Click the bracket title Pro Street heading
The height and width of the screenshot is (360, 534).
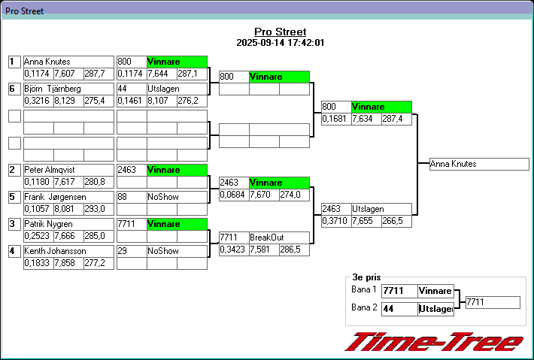pyautogui.click(x=280, y=32)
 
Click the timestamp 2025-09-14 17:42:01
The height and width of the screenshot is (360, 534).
pyautogui.click(x=280, y=43)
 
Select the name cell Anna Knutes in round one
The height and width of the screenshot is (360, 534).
pyautogui.click(x=68, y=62)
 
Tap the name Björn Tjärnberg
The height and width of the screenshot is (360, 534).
pyautogui.click(x=68, y=89)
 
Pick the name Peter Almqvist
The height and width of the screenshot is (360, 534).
pyautogui.click(x=68, y=170)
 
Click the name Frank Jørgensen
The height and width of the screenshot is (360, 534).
pyautogui.click(x=68, y=197)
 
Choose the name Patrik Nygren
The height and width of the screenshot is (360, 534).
pyautogui.click(x=68, y=224)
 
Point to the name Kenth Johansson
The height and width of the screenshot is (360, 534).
pyautogui.click(x=68, y=251)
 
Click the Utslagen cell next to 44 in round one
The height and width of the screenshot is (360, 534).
pyautogui.click(x=177, y=89)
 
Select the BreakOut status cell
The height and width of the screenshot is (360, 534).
pyautogui.click(x=279, y=237)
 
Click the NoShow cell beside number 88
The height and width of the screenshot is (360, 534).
pyautogui.click(x=177, y=197)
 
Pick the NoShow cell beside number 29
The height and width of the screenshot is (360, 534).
pyautogui.click(x=177, y=251)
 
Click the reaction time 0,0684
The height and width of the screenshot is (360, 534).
pyautogui.click(x=233, y=195)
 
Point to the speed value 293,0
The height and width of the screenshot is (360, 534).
pyautogui.click(x=99, y=208)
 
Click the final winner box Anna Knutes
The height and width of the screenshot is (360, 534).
pyautogui.click(x=479, y=164)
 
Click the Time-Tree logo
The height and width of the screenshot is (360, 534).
pyautogui.click(x=434, y=342)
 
